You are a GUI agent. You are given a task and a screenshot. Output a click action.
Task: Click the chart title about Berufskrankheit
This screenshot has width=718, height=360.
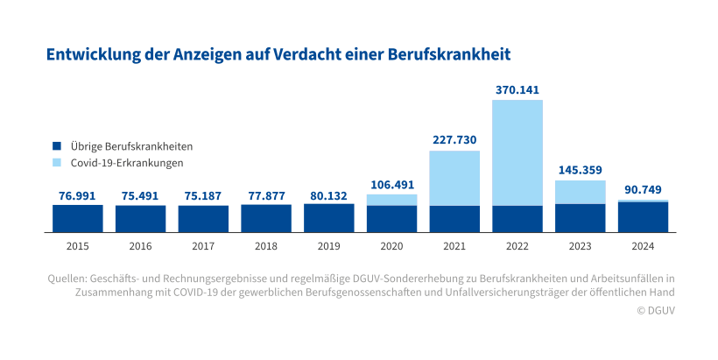(x=278, y=54)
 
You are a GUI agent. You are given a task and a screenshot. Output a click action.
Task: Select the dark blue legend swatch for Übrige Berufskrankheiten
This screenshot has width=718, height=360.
(x=57, y=146)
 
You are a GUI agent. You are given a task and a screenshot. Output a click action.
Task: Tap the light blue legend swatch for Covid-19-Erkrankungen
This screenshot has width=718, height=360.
(x=57, y=163)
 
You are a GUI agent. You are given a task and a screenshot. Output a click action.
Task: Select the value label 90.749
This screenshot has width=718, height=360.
(x=644, y=190)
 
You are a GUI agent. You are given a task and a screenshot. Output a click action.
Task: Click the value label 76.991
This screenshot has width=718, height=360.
(x=77, y=195)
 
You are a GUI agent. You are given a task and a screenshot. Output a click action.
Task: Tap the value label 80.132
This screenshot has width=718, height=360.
(x=328, y=194)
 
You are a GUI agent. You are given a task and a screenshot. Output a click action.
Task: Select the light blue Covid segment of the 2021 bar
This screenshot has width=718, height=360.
(x=454, y=178)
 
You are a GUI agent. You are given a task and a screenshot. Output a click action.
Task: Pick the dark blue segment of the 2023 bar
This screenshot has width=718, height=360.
(x=581, y=218)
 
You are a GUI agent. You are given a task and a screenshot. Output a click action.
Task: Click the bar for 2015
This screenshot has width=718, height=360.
(x=77, y=218)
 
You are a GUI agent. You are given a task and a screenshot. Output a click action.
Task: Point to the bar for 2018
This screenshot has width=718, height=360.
(x=265, y=218)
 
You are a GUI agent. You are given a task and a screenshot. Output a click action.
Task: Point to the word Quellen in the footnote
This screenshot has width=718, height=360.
(x=66, y=278)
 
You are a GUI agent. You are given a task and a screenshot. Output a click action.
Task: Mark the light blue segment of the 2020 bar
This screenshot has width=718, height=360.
(x=391, y=200)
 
